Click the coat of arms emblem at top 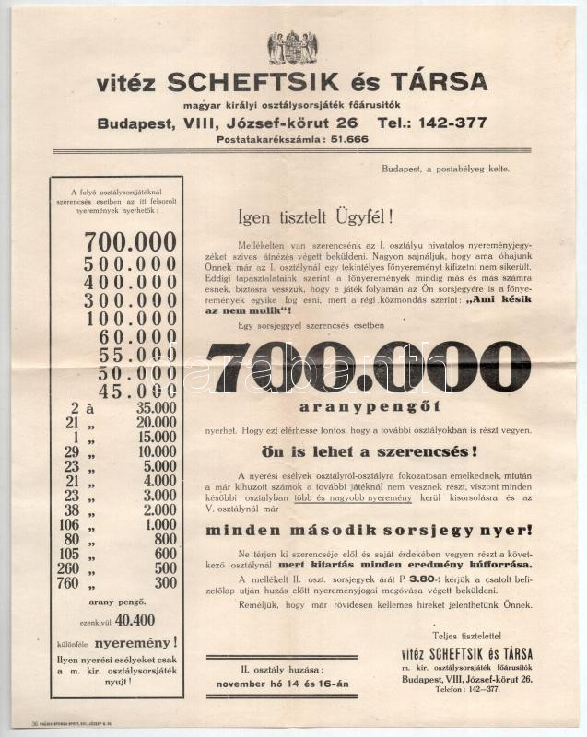[x=292, y=47]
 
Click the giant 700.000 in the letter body [x=369, y=366]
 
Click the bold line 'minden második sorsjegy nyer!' [x=369, y=531]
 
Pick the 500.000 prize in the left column [x=130, y=263]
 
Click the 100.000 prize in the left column [x=130, y=319]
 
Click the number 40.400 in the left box [x=135, y=620]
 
